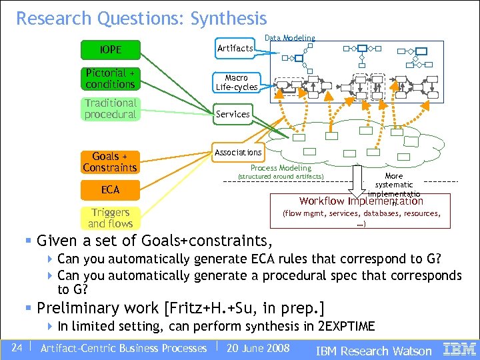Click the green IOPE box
pos(110,49)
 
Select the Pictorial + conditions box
pos(110,79)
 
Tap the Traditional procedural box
pos(110,109)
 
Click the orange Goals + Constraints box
pos(110,162)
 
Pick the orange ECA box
pos(110,190)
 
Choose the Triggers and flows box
pos(110,218)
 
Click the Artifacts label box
pos(235,48)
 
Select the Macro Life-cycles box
pos(236,83)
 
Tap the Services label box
pos(233,114)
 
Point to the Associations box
pos(238,153)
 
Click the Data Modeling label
pos(290,39)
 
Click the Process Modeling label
pos(281,168)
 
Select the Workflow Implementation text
pos(361,201)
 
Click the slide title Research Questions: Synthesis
pos(141,19)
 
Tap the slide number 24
pos(17,348)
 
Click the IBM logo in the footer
pos(459,349)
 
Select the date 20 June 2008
pos(258,348)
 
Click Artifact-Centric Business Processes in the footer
pos(123,348)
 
